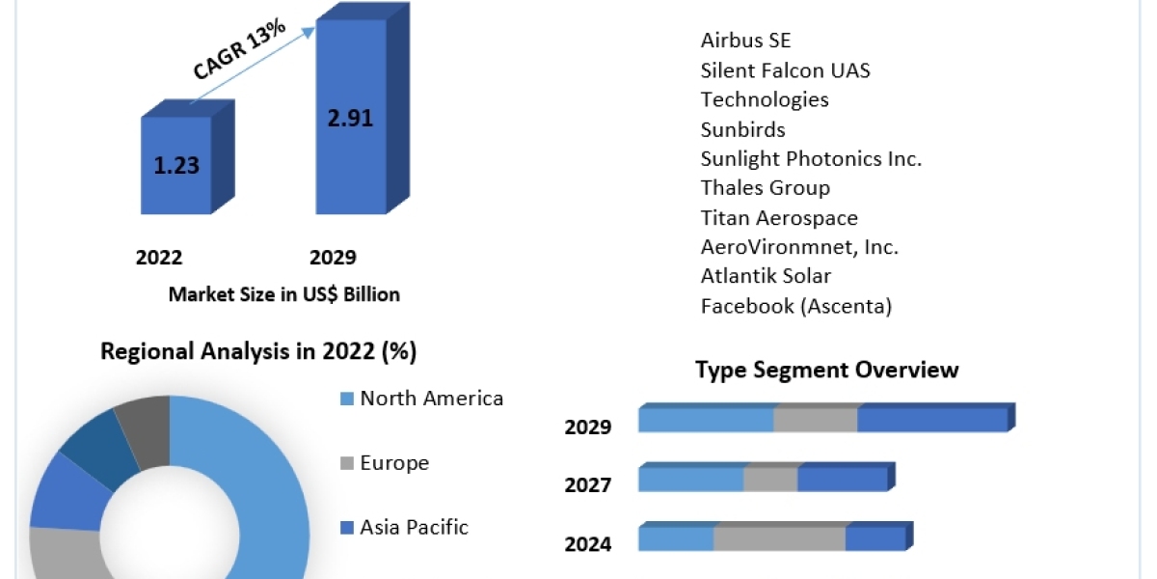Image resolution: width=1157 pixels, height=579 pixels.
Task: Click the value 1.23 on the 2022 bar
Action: (x=176, y=165)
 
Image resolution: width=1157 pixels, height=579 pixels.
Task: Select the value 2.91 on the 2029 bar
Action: (x=349, y=119)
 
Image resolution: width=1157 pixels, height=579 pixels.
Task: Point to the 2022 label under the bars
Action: (x=159, y=258)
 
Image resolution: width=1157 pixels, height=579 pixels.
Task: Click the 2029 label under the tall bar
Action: (x=333, y=258)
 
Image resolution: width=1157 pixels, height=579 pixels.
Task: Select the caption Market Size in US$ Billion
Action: (x=283, y=294)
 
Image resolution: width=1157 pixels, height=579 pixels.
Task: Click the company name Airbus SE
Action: (x=745, y=41)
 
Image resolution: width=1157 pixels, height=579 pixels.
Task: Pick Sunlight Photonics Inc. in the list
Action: (x=811, y=158)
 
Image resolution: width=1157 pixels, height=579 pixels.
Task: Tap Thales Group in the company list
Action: (x=765, y=188)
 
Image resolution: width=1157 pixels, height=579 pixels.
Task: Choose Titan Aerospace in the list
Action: (x=779, y=218)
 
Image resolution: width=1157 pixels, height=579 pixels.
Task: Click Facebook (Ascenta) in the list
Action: (x=796, y=307)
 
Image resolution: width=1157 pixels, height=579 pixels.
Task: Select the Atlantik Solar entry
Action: (x=766, y=277)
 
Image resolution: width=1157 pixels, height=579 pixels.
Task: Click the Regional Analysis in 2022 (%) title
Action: (x=258, y=352)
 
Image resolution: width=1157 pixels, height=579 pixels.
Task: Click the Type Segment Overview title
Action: (x=827, y=370)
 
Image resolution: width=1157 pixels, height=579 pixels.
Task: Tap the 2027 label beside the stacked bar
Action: (x=588, y=484)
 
